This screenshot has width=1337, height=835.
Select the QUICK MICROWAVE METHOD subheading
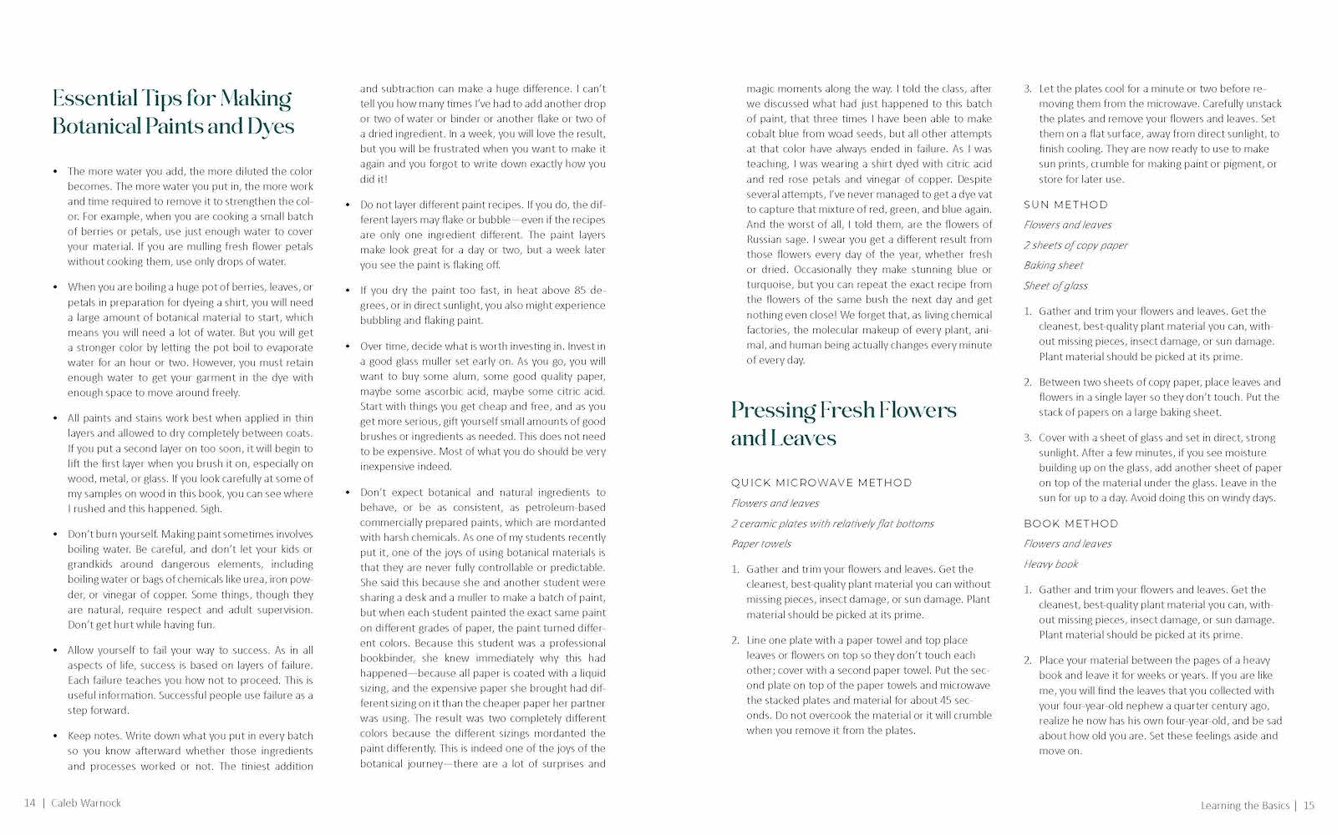pyautogui.click(x=821, y=483)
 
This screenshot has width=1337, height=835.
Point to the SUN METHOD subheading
pyautogui.click(x=1065, y=205)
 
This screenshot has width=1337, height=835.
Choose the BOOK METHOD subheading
pyautogui.click(x=1070, y=524)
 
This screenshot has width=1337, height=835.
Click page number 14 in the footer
pyautogui.click(x=29, y=803)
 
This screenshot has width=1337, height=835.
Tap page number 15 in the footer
pyautogui.click(x=1309, y=806)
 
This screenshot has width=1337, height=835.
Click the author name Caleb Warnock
pyautogui.click(x=85, y=803)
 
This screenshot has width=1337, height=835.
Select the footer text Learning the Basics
pyautogui.click(x=1244, y=806)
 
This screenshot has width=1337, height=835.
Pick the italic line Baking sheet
pyautogui.click(x=1053, y=266)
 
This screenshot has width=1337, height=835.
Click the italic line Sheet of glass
pyautogui.click(x=1055, y=286)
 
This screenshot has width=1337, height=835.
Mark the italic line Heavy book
pyautogui.click(x=1050, y=564)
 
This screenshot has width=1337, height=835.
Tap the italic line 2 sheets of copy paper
pyautogui.click(x=1075, y=245)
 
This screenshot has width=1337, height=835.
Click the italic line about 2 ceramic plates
pyautogui.click(x=832, y=524)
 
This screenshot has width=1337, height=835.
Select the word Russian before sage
pyautogui.click(x=764, y=240)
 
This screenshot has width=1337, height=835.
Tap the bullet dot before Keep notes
pyautogui.click(x=55, y=736)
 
